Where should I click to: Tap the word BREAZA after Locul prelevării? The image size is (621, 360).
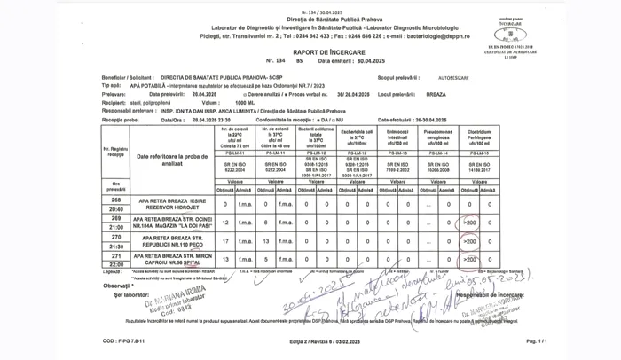coord(438,93)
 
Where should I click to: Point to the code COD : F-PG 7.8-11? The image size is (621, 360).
coord(122,340)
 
